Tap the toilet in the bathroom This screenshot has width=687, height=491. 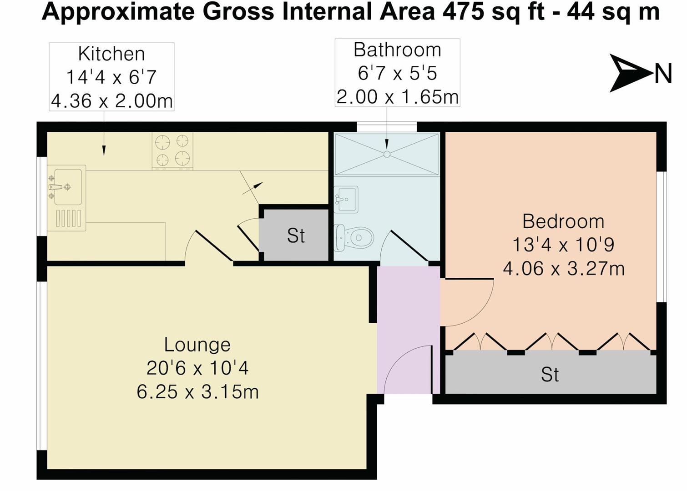click(355, 237)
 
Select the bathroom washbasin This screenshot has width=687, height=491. click(346, 199)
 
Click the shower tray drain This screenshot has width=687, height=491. click(387, 154)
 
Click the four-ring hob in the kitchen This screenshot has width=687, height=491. click(172, 151)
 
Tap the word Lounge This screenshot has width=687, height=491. click(197, 345)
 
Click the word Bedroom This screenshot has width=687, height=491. click(563, 221)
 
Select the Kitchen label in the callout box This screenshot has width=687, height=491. click(111, 54)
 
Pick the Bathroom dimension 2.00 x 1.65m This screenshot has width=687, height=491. click(397, 97)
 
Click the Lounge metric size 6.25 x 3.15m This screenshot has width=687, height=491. click(197, 392)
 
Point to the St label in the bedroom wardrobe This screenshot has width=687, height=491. click(550, 375)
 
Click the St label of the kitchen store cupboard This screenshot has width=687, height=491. click(296, 235)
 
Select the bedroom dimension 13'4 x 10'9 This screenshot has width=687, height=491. click(563, 245)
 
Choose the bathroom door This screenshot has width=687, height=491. click(408, 246)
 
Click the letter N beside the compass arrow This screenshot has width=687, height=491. click(663, 74)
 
